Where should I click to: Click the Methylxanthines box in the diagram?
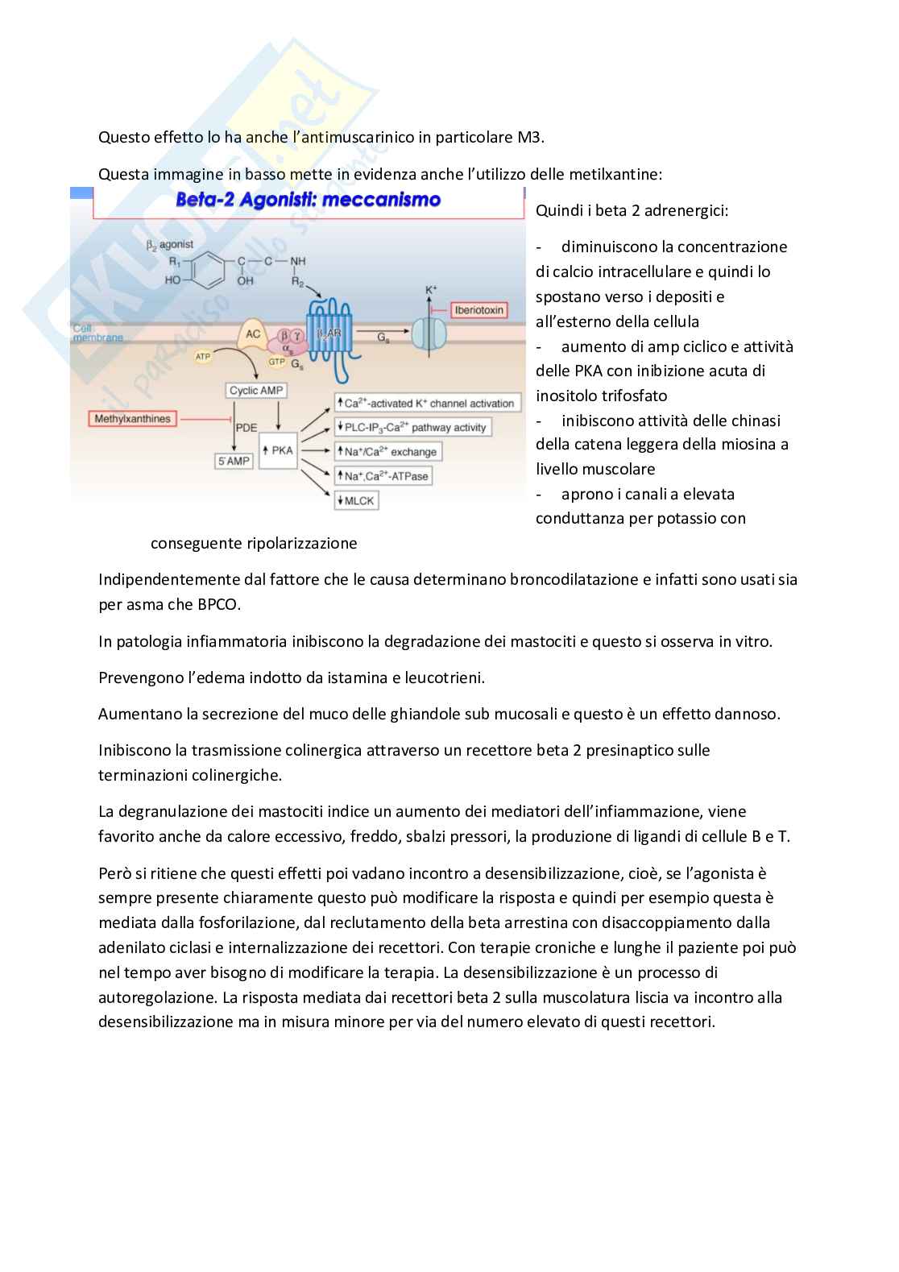tap(132, 419)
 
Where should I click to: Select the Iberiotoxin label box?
tap(478, 310)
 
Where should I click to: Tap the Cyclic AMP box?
tap(256, 391)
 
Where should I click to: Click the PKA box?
tap(278, 451)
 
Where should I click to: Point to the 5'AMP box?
tap(234, 462)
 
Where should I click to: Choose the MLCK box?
tap(356, 501)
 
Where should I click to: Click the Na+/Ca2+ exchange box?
tap(389, 452)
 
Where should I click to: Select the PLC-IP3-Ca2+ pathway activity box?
tap(413, 428)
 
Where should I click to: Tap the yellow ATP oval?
tap(203, 356)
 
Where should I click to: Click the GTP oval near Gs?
tap(277, 363)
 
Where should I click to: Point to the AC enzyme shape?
tap(254, 334)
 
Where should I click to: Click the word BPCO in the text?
tap(217, 604)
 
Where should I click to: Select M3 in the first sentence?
tap(529, 137)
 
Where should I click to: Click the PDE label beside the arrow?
tap(246, 428)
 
